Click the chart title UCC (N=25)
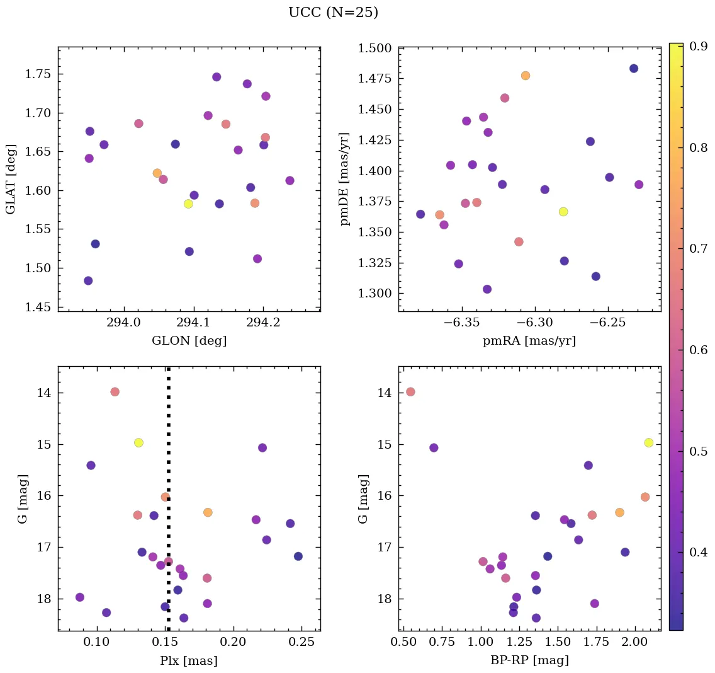pyautogui.click(x=333, y=13)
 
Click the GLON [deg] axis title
pyautogui.click(x=189, y=341)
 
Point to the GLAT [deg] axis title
pyautogui.click(x=11, y=179)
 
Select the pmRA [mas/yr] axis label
pyautogui.click(x=529, y=341)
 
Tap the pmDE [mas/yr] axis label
pyautogui.click(x=344, y=179)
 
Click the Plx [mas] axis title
pyautogui.click(x=189, y=660)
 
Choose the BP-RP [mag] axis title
pyautogui.click(x=529, y=660)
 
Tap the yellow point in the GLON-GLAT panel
pyautogui.click(x=188, y=204)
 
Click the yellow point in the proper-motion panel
pyautogui.click(x=563, y=212)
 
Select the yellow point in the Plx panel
pyautogui.click(x=138, y=442)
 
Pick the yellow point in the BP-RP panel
pyautogui.click(x=649, y=442)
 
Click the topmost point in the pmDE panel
pyautogui.click(x=634, y=68)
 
